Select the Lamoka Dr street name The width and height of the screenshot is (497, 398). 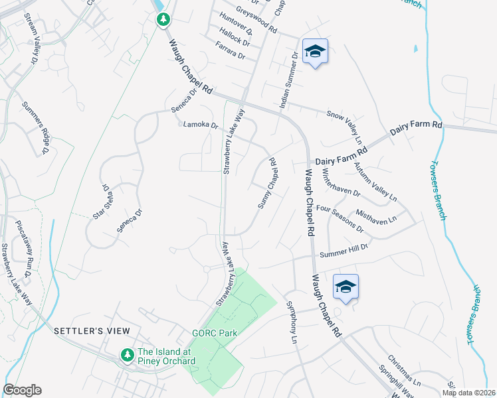pyautogui.click(x=201, y=125)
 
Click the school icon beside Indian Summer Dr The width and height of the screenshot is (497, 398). pyautogui.click(x=315, y=52)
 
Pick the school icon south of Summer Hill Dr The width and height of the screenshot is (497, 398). pyautogui.click(x=346, y=287)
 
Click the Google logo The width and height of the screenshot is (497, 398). pyautogui.click(x=22, y=390)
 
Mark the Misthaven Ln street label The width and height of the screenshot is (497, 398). pyautogui.click(x=376, y=217)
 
